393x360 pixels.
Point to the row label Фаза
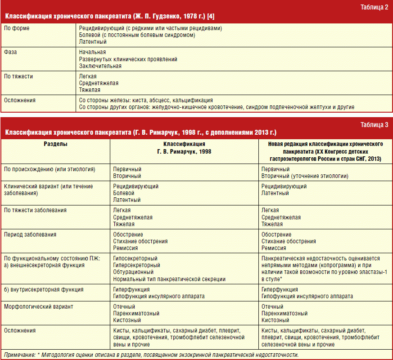coord(10,52)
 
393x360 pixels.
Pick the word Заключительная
coord(100,66)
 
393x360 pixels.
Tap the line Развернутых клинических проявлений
coord(128,59)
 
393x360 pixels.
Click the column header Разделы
coord(56,144)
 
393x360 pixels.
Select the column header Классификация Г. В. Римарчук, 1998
coord(184,148)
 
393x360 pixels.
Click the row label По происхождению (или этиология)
coord(49,169)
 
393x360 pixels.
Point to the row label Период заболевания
coord(30,235)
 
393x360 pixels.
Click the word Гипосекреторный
coord(135,259)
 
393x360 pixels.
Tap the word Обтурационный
coord(134,272)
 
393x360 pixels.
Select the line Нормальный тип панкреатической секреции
coord(169,279)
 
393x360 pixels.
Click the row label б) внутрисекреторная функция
coord(44,290)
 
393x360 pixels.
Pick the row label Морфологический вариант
coord(38,307)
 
